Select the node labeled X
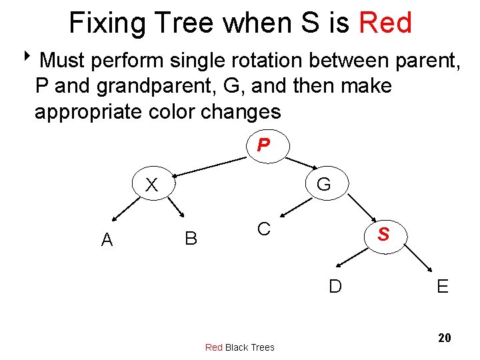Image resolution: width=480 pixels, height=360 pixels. click(151, 185)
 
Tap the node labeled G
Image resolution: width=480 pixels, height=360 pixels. click(323, 183)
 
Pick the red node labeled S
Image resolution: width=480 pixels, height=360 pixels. click(383, 235)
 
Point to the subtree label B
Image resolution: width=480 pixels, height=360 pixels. click(191, 238)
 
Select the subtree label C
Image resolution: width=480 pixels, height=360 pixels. click(264, 229)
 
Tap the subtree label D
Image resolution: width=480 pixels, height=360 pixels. click(335, 286)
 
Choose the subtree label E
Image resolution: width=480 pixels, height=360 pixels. click(442, 287)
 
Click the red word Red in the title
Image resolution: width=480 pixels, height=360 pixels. click(385, 23)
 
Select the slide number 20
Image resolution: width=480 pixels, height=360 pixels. click(444, 338)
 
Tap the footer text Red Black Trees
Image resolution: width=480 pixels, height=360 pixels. click(239, 347)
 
